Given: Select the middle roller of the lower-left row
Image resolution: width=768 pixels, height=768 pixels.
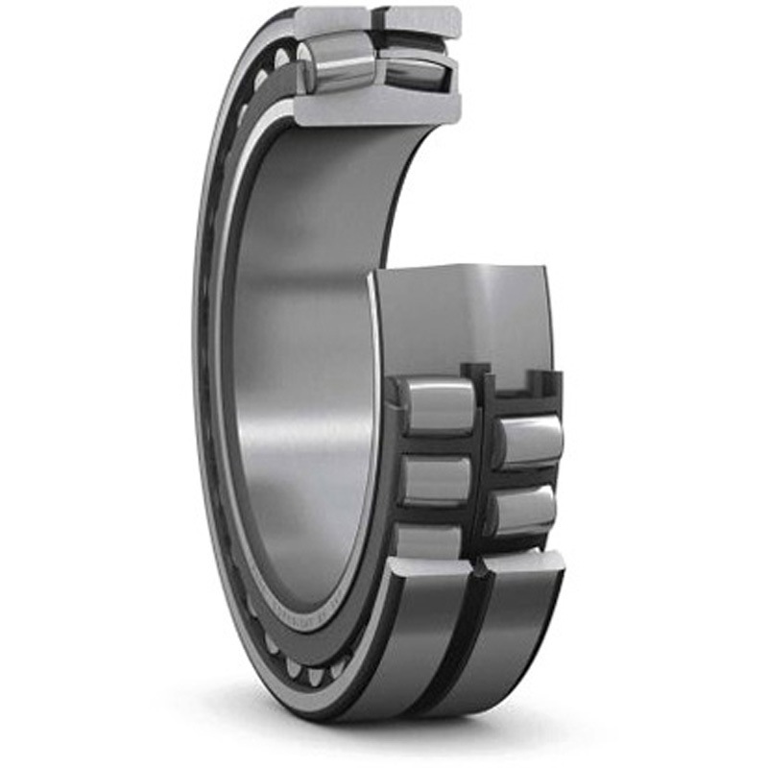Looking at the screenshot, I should tap(437, 479).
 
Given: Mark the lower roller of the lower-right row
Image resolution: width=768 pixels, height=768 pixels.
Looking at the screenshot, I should tap(523, 510).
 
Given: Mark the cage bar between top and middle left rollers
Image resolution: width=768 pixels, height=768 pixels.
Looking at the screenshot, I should tap(437, 444).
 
